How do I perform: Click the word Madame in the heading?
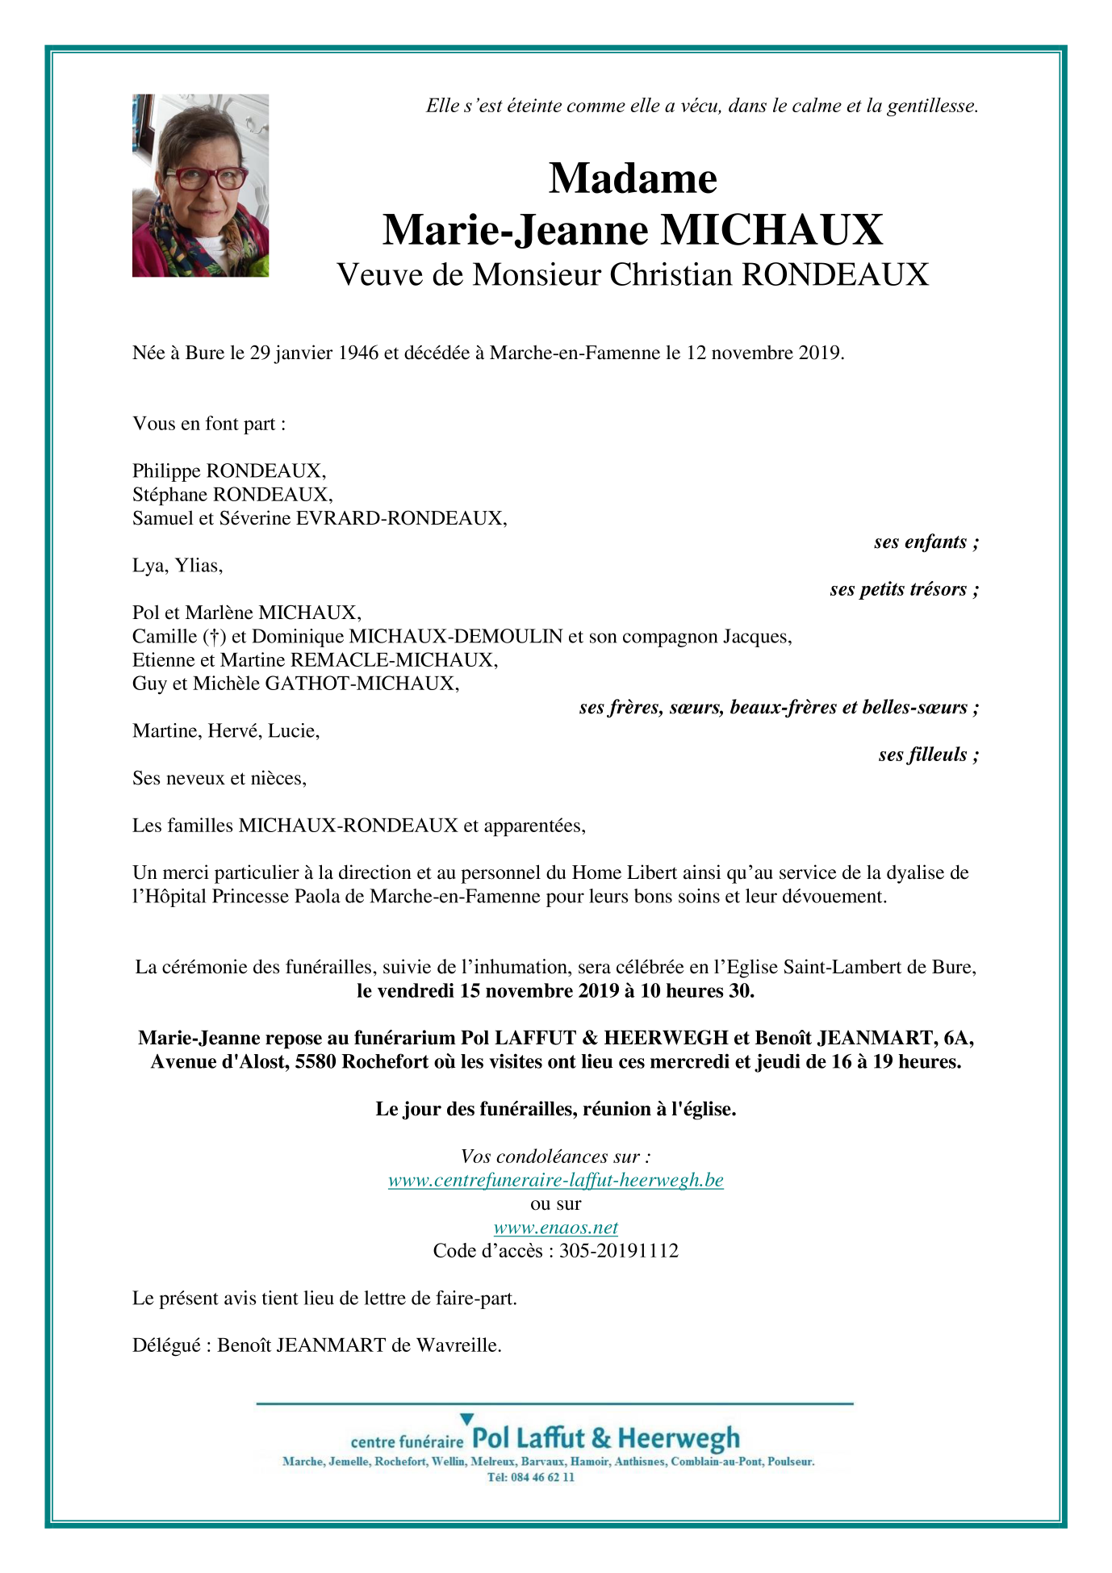633,178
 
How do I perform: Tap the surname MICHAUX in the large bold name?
772,230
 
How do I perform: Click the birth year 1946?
357,353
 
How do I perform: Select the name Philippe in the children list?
166,471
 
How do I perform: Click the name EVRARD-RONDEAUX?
400,518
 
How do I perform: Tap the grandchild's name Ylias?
199,565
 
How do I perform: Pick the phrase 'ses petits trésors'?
898,589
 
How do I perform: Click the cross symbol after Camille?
214,636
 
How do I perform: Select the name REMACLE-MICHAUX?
393,659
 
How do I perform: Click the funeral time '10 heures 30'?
696,990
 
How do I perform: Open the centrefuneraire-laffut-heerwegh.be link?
555,1180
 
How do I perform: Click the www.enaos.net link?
555,1228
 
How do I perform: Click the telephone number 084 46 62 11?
542,1477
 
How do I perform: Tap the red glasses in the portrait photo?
205,178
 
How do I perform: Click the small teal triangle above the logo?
466,1418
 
